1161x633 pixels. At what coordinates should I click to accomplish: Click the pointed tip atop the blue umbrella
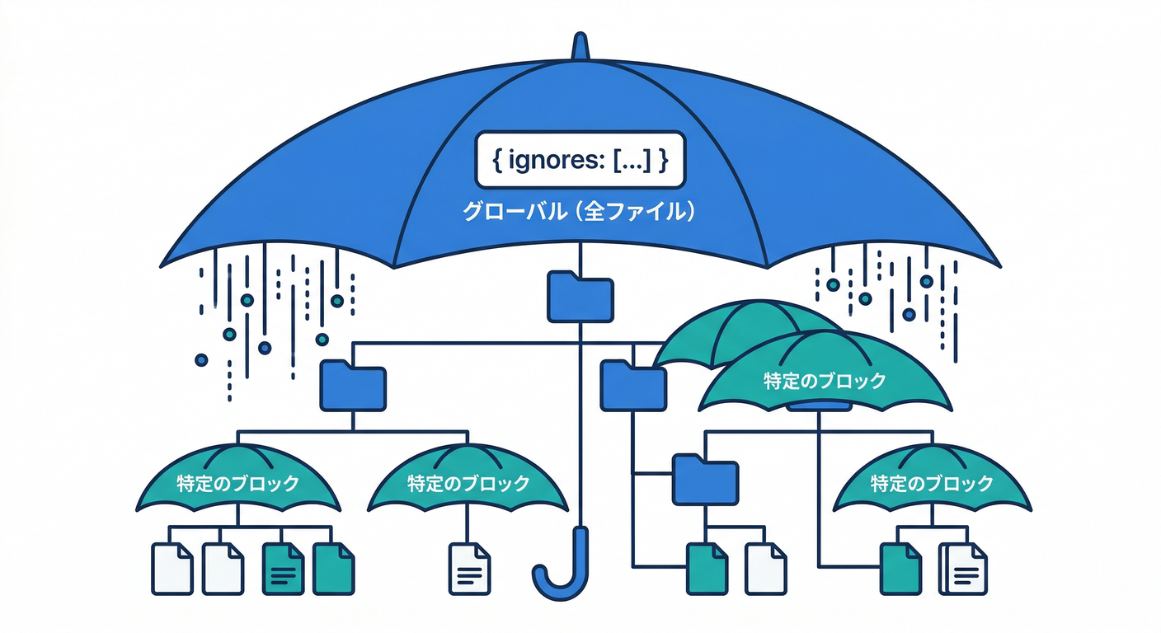580,45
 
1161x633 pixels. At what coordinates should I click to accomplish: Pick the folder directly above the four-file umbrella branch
353,386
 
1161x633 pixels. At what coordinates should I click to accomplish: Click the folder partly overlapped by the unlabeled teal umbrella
632,385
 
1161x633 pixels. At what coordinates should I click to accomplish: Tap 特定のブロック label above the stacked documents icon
932,483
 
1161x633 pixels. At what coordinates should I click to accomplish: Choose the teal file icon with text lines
283,569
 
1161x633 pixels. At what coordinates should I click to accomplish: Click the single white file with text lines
469,569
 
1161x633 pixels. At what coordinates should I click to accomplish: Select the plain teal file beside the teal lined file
333,569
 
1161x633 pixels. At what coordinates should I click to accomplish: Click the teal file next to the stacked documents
901,569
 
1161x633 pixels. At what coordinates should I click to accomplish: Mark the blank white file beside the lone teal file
765,569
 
